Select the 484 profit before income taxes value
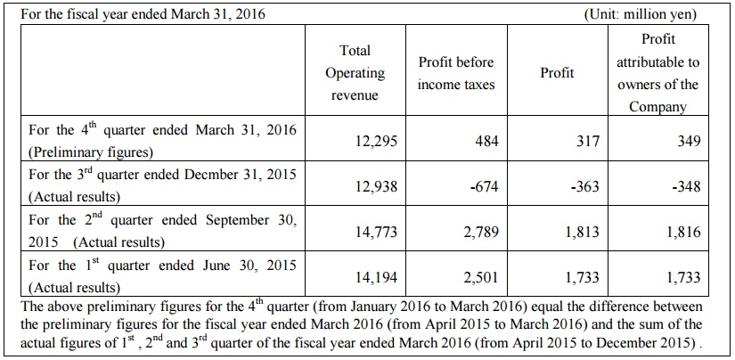click(485, 141)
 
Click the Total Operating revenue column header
click(355, 73)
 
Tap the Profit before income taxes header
click(456, 74)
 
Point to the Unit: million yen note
click(640, 14)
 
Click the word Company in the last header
click(657, 107)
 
